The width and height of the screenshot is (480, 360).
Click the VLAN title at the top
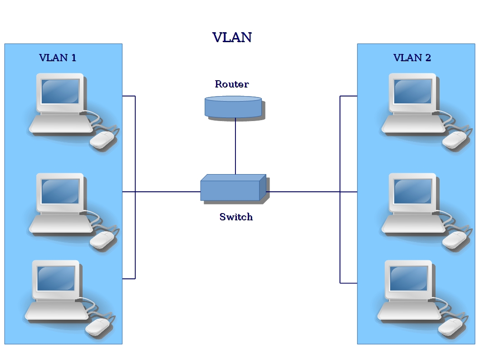[x=232, y=37]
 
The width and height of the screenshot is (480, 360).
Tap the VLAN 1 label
[x=58, y=58]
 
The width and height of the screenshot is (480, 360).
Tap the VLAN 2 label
[x=412, y=58]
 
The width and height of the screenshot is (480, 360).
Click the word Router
[x=232, y=84]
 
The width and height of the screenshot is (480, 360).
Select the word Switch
[x=236, y=217]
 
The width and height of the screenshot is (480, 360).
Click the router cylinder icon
[x=233, y=107]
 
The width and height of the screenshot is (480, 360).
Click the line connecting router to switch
[x=235, y=146]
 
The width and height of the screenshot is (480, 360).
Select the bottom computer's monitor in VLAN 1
[x=56, y=278]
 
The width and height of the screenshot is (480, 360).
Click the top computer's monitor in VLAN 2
[x=412, y=91]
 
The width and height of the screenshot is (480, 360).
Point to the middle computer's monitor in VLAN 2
[x=412, y=191]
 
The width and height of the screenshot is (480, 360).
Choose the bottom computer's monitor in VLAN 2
[x=408, y=278]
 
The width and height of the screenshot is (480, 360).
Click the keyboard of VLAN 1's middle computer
[x=61, y=224]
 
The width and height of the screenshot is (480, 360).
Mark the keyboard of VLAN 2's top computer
[x=413, y=124]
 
